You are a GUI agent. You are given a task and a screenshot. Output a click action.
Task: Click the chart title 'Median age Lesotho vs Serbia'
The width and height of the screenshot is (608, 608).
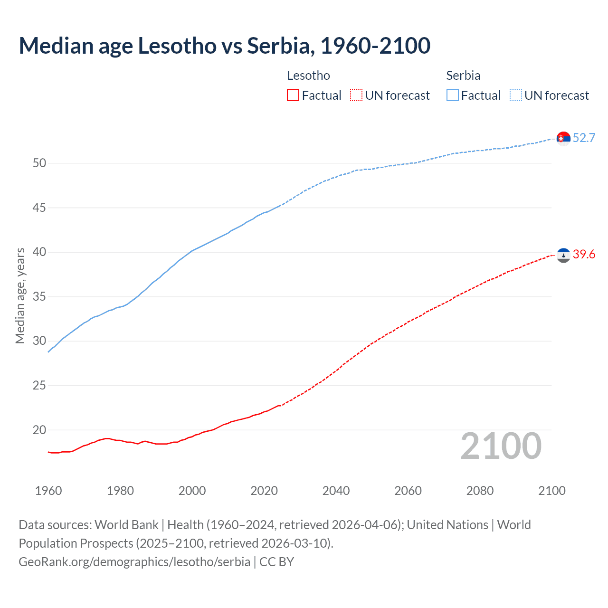tap(224, 46)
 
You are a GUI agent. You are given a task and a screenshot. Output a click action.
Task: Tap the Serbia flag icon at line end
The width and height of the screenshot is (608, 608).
tap(563, 138)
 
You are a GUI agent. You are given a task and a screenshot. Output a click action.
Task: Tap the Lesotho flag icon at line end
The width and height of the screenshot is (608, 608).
tap(563, 255)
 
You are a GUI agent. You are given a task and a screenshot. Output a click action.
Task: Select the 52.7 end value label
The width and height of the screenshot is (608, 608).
tap(584, 138)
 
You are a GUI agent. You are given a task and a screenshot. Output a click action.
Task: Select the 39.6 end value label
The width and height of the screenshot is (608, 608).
tap(584, 255)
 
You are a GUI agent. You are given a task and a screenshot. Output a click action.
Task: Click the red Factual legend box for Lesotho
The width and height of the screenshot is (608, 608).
tap(293, 95)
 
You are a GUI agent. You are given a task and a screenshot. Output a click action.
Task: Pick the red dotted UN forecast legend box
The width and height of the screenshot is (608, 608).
tap(356, 95)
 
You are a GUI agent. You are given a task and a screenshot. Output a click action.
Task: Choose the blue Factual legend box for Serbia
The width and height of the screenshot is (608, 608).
tap(453, 95)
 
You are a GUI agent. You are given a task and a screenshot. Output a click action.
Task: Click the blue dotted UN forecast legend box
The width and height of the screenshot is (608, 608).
tap(515, 95)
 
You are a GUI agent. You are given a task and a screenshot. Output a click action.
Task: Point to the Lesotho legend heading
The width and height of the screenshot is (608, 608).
tap(308, 76)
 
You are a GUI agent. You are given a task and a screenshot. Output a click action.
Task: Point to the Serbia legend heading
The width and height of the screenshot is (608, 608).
tap(463, 76)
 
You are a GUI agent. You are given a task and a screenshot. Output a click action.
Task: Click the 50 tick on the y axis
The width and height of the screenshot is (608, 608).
tap(39, 163)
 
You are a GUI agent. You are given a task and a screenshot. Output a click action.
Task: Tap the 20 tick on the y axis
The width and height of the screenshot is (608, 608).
tap(39, 430)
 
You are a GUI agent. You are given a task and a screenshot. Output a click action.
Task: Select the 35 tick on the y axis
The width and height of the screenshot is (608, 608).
tap(39, 297)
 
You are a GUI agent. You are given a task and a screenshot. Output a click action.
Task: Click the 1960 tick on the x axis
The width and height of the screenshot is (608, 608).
tap(48, 491)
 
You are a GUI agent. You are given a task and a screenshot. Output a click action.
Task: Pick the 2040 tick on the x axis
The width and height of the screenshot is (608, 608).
tap(336, 491)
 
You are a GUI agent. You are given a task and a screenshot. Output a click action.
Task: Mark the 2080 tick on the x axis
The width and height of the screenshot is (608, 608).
tap(480, 491)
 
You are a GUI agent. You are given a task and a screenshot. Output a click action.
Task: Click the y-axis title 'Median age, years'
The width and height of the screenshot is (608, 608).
tap(20, 295)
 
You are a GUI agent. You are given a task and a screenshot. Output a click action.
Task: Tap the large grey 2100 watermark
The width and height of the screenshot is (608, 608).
tap(501, 446)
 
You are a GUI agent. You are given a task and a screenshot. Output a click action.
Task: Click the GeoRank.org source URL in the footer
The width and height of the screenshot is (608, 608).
tap(134, 562)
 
